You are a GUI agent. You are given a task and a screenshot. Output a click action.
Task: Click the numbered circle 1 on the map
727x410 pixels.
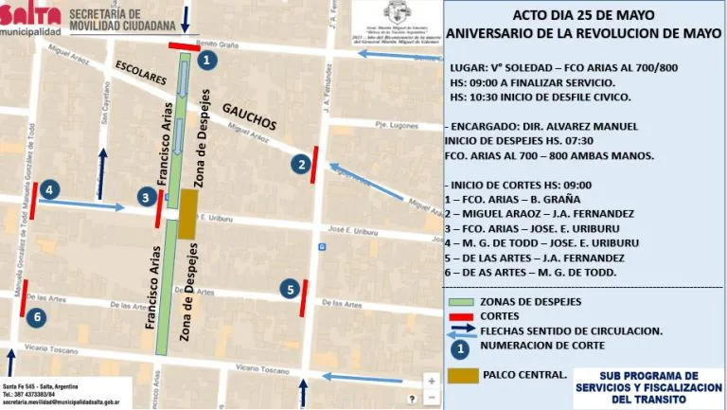(208, 59)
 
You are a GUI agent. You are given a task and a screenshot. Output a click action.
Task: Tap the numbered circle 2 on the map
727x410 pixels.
(301, 165)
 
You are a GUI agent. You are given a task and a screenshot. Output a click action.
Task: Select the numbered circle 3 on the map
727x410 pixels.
(146, 197)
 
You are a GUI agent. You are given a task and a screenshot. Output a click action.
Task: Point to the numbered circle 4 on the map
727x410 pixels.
(49, 188)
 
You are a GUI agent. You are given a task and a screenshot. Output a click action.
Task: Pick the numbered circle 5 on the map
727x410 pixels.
(290, 290)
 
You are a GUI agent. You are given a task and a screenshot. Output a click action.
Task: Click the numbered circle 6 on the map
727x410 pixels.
(36, 316)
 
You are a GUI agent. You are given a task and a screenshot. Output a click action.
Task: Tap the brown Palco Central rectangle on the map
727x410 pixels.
(187, 214)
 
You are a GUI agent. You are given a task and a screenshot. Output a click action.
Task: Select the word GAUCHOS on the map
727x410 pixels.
(249, 118)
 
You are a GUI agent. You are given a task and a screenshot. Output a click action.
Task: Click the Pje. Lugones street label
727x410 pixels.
(396, 125)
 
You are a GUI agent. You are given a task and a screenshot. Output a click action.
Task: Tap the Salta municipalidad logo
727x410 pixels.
(30, 18)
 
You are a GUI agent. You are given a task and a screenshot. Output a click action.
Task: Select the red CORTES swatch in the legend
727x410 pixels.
(460, 316)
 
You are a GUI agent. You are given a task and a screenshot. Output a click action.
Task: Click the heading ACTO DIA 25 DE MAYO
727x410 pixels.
(583, 15)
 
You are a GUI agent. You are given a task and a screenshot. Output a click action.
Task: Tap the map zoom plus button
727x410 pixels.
(431, 381)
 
